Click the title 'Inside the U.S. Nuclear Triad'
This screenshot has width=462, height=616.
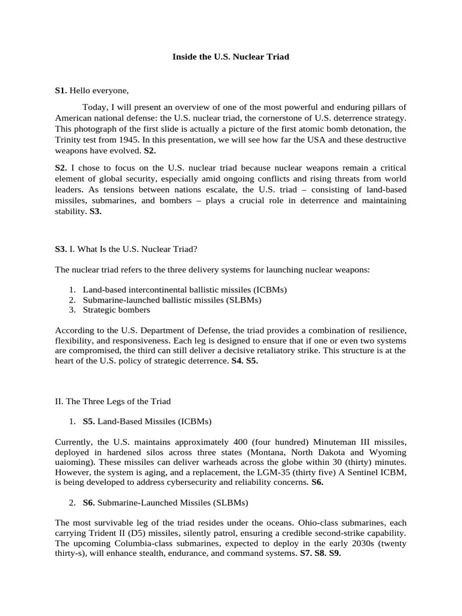pyautogui.click(x=231, y=57)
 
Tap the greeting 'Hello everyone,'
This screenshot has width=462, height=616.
pyautogui.click(x=99, y=91)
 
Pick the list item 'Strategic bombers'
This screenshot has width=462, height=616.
pyautogui.click(x=116, y=310)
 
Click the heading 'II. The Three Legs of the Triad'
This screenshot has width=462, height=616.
pyautogui.click(x=112, y=401)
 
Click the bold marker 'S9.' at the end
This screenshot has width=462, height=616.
pyautogui.click(x=334, y=553)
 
